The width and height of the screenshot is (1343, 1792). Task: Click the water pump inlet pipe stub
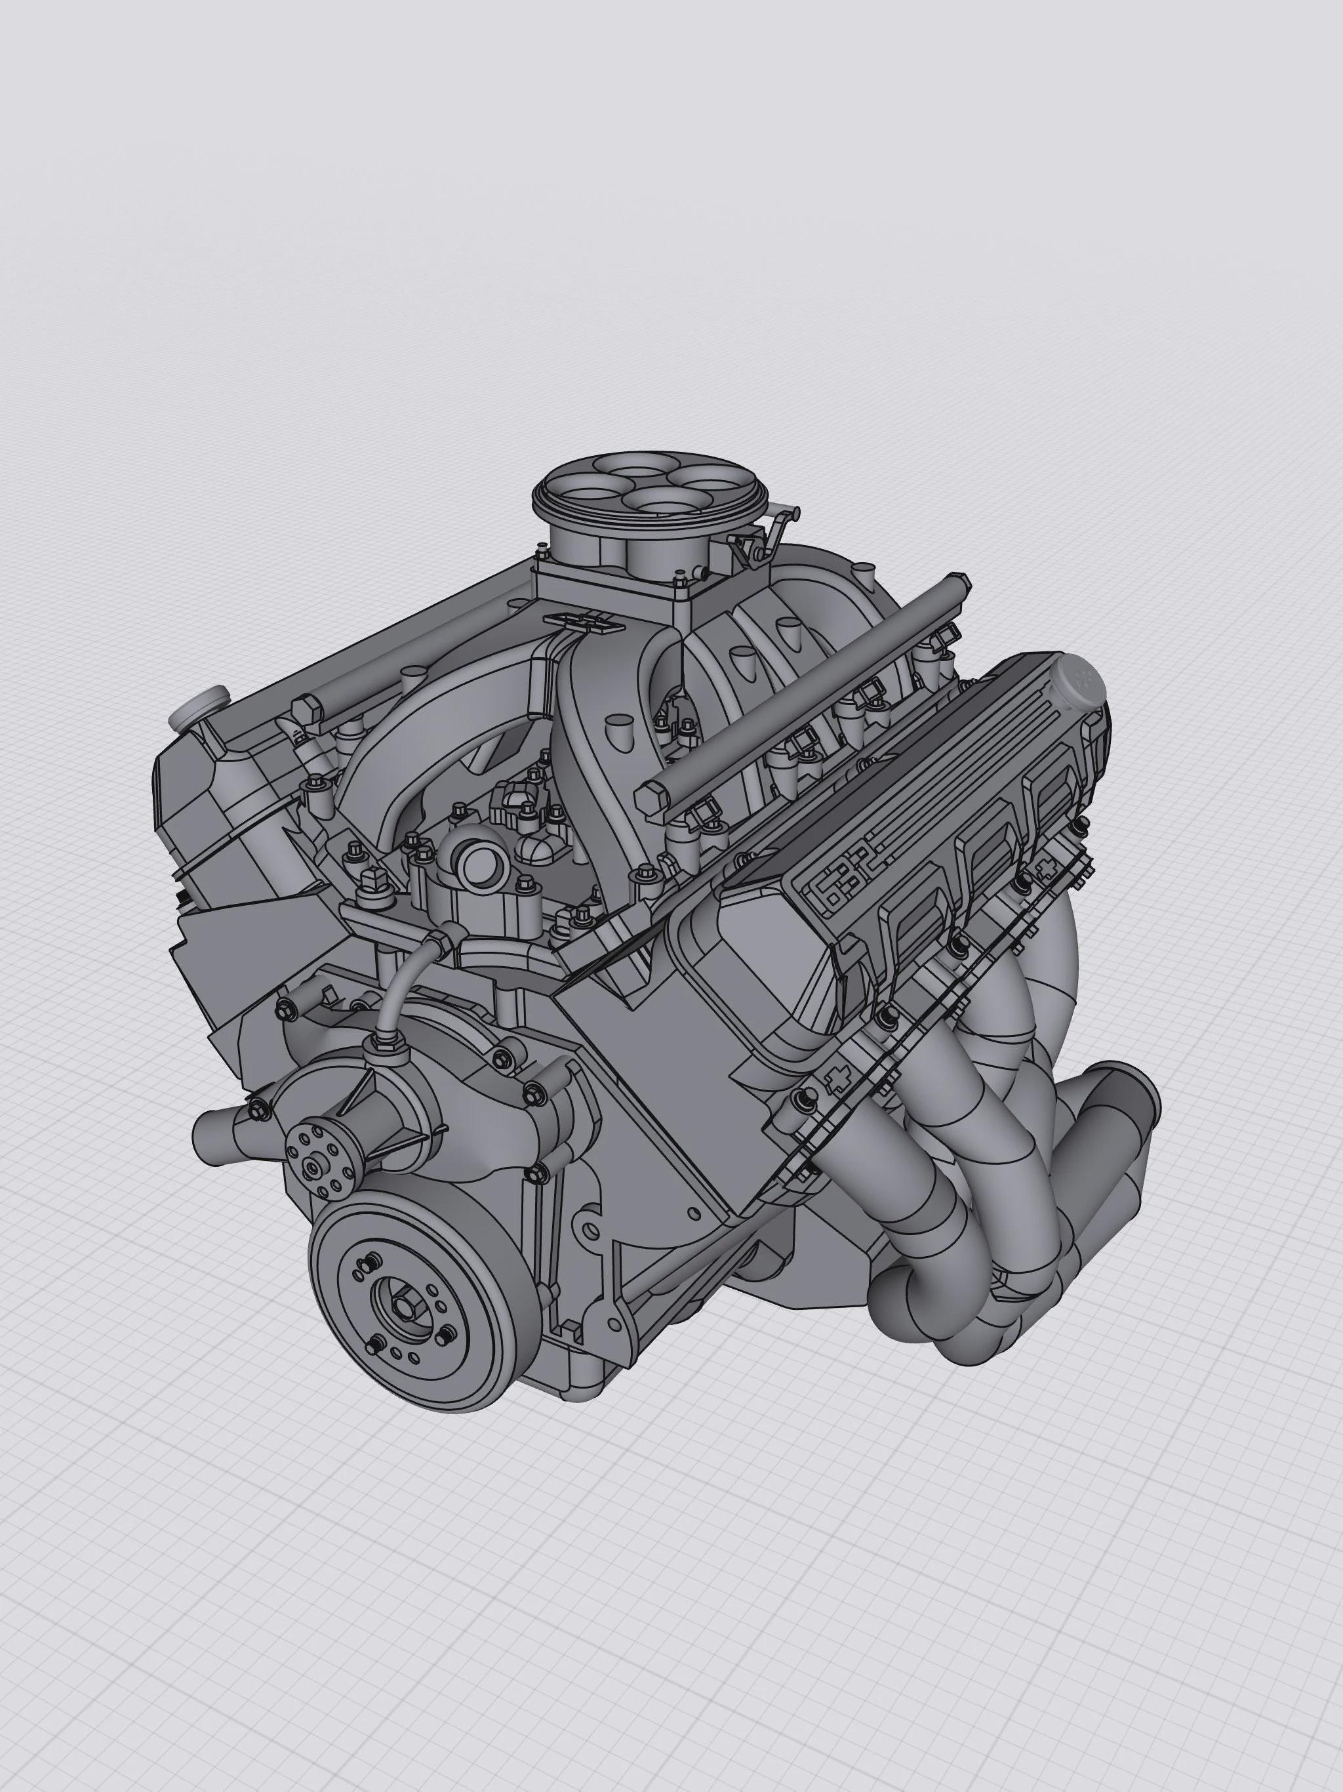212,1128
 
